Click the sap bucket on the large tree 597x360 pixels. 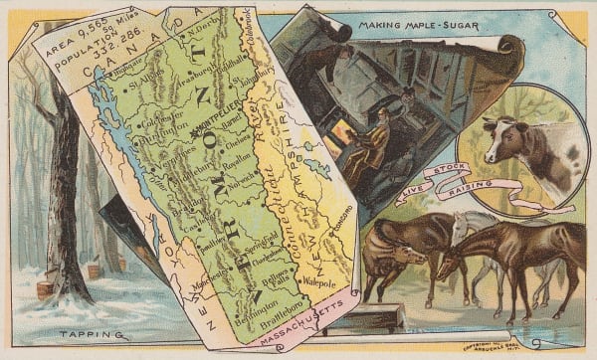coord(48,288)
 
